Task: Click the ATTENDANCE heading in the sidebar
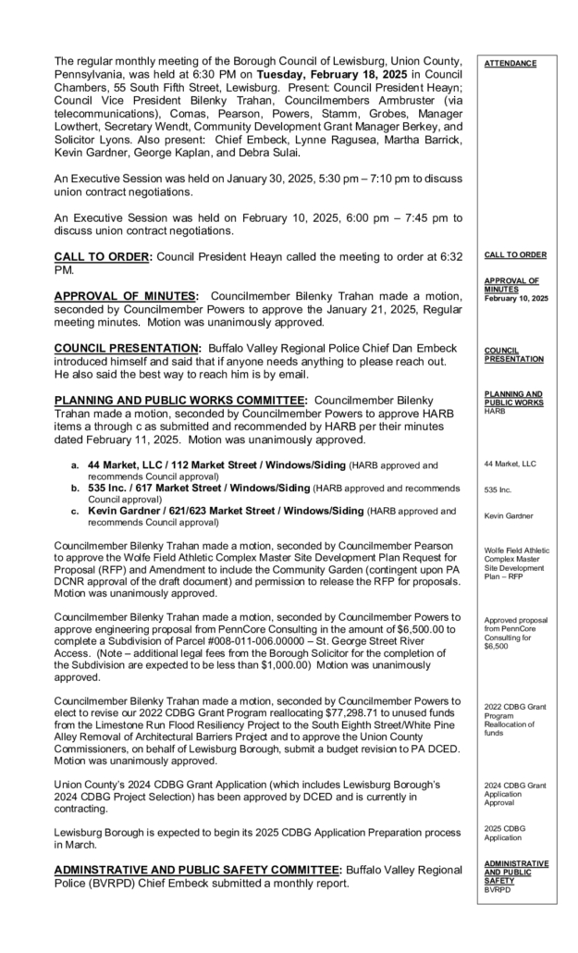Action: point(510,63)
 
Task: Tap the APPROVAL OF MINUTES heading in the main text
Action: point(124,296)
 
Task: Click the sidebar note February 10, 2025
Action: point(515,299)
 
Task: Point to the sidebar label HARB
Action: point(495,411)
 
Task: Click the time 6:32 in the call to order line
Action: point(449,255)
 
